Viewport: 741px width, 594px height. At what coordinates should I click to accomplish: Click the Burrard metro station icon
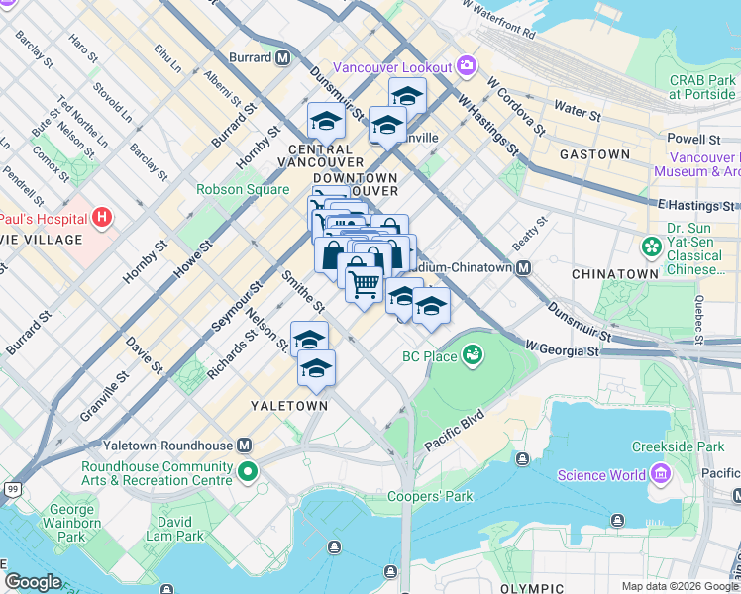click(x=283, y=58)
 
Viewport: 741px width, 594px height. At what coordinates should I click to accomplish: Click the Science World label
click(x=600, y=475)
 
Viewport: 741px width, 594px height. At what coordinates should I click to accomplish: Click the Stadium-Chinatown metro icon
click(x=523, y=268)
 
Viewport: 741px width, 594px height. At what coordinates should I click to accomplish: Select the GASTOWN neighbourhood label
click(x=594, y=155)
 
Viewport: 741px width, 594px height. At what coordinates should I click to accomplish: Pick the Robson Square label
click(x=243, y=190)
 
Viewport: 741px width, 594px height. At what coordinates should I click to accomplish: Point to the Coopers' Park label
click(x=431, y=496)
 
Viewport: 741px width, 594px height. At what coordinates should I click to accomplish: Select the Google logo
click(x=33, y=582)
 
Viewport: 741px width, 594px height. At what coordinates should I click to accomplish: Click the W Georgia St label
click(x=563, y=349)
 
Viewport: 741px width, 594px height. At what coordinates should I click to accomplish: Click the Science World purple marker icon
click(x=664, y=475)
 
